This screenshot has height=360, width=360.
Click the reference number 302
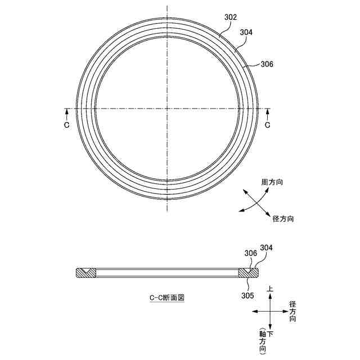(231, 17)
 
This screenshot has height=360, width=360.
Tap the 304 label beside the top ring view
(246, 33)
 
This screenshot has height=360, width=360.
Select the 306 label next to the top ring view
(267, 64)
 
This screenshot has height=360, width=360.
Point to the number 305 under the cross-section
(247, 295)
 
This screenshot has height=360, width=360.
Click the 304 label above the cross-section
(266, 247)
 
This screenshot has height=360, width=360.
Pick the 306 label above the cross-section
(251, 253)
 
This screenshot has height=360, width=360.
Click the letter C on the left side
(66, 125)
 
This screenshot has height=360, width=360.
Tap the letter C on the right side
(268, 125)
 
